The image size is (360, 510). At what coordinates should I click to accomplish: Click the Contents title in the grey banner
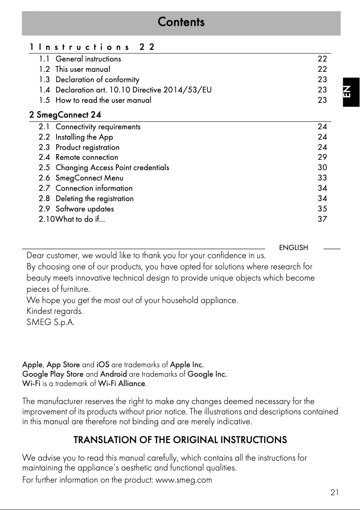(x=181, y=22)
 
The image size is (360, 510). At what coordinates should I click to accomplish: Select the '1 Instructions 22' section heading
(x=92, y=47)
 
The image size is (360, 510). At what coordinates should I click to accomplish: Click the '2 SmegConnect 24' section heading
(x=65, y=115)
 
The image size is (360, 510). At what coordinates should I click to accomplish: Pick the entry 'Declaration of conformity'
(x=97, y=79)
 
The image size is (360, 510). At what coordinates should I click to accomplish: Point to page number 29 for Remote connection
(x=322, y=157)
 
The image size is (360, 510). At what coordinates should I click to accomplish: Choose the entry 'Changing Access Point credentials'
(x=112, y=167)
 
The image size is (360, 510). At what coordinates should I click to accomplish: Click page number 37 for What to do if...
(x=322, y=219)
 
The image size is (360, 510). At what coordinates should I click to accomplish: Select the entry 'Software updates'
(x=84, y=209)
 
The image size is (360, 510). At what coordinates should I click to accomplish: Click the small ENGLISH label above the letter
(x=294, y=248)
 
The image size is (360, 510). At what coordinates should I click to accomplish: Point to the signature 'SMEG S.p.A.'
(x=51, y=322)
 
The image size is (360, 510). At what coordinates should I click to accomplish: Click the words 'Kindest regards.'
(x=55, y=311)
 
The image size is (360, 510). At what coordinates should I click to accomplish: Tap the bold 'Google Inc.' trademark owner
(x=207, y=374)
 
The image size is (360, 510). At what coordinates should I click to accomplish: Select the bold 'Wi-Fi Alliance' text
(x=122, y=384)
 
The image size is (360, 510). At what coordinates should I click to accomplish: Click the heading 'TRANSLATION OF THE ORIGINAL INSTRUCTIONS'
(x=180, y=440)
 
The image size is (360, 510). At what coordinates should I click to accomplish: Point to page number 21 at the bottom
(x=334, y=492)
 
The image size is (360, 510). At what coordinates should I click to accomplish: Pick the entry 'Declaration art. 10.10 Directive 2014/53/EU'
(x=133, y=90)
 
